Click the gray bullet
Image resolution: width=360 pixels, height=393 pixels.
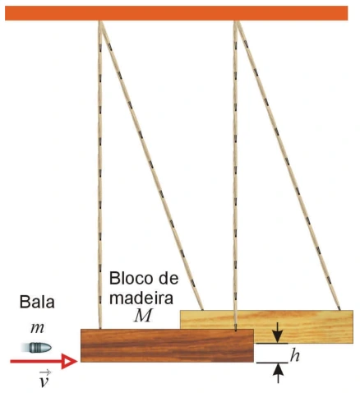(37, 348)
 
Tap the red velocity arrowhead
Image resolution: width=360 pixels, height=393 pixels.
(69, 362)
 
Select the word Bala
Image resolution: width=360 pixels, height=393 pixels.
(37, 302)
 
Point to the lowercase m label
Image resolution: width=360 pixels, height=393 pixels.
(37, 328)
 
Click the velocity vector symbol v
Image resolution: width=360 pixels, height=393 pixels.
(44, 379)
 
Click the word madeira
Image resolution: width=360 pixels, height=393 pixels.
(141, 298)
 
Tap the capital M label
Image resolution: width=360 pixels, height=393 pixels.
(142, 316)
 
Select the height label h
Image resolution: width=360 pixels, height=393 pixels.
(294, 355)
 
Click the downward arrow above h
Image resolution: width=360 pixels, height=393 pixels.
(278, 332)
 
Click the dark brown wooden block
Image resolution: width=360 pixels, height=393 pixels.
(167, 345)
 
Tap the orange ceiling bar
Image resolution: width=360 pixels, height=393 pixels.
(177, 13)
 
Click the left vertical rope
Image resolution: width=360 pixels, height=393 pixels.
(100, 174)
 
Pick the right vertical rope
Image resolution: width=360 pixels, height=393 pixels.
(235, 175)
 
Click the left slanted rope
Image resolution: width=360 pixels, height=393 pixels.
(151, 165)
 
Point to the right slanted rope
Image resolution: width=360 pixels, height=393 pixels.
(288, 165)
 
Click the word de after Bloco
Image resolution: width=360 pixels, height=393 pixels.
(166, 278)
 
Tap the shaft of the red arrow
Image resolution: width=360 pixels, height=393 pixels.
(36, 362)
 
